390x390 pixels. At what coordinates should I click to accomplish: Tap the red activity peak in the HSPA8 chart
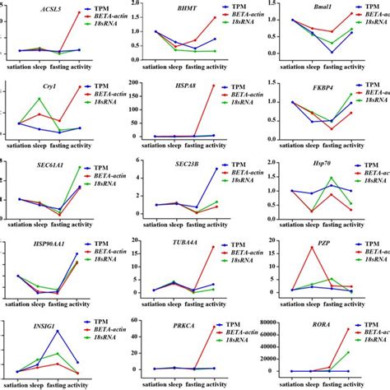[216, 86]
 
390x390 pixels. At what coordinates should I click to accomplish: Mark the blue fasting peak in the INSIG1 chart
[58, 331]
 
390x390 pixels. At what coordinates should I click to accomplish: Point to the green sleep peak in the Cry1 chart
[39, 99]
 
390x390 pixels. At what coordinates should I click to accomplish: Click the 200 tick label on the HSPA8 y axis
[137, 85]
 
